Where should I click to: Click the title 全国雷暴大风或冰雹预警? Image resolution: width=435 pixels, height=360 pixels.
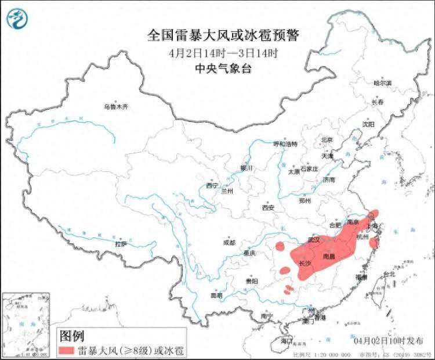click(223, 36)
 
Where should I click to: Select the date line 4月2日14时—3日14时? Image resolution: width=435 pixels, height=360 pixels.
click(223, 53)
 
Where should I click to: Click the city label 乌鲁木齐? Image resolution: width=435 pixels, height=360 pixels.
click(115, 107)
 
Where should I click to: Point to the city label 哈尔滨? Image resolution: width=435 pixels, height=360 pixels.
click(382, 84)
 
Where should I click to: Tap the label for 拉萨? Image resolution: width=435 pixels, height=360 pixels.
click(121, 244)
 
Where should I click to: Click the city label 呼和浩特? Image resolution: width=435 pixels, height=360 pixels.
click(285, 144)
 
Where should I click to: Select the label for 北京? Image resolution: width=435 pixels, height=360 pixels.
click(327, 140)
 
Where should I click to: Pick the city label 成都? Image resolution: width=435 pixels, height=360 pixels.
click(229, 243)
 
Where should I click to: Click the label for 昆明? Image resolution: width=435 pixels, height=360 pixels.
click(216, 296)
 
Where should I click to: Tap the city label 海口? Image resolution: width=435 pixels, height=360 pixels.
click(287, 341)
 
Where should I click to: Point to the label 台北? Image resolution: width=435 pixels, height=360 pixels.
click(389, 274)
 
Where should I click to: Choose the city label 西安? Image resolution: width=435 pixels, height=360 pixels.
click(267, 207)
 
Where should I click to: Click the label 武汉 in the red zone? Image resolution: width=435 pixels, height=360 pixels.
click(314, 239)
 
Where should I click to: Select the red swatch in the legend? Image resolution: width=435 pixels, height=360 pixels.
click(74, 350)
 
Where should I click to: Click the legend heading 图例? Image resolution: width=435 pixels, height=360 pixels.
click(73, 336)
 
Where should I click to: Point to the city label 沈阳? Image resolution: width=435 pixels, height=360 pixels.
click(368, 124)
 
